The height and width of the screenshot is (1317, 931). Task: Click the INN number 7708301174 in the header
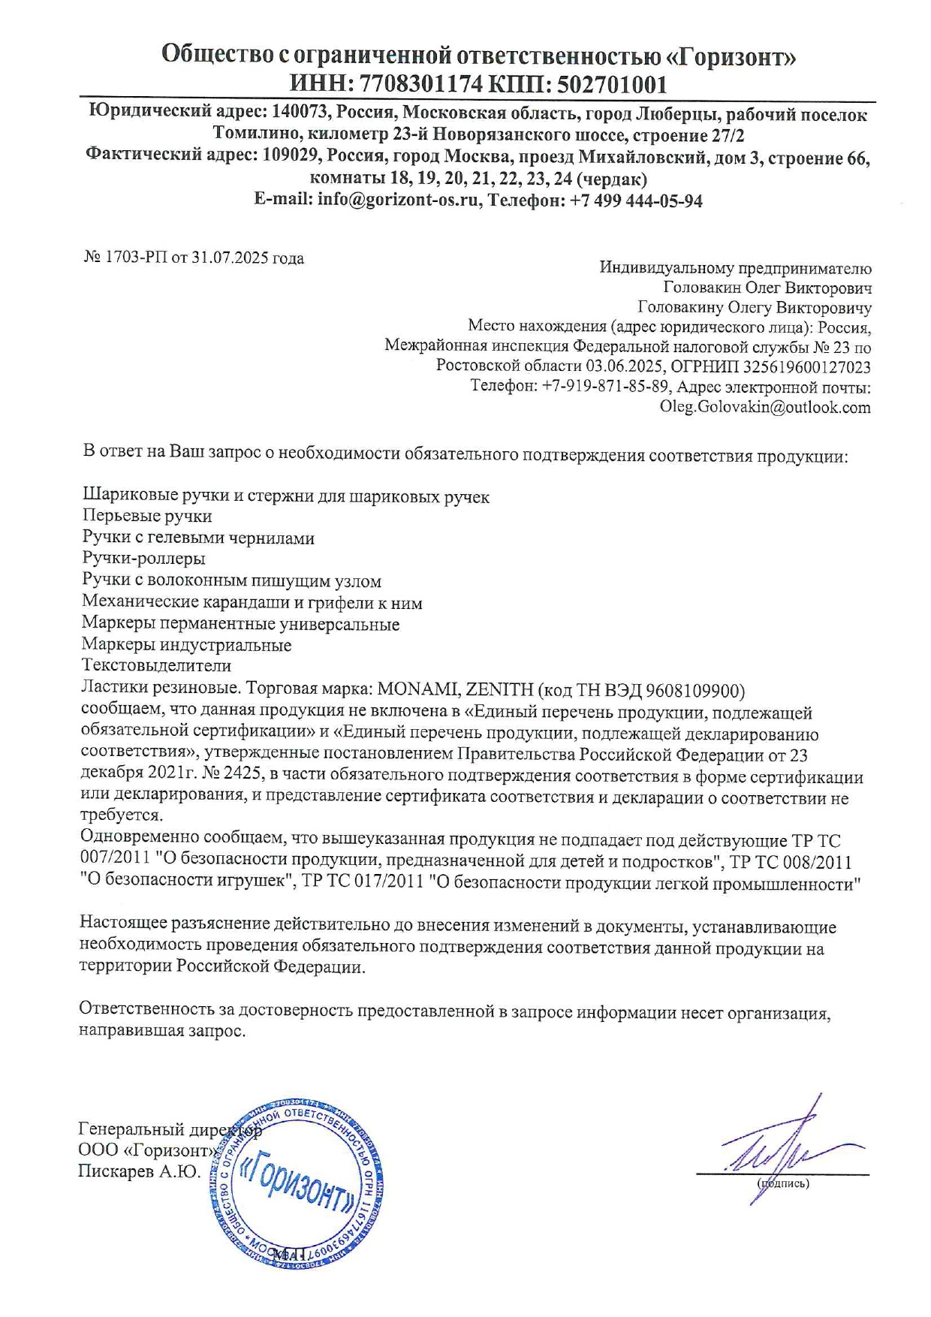421,84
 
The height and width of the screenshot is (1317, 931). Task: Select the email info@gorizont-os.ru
398,200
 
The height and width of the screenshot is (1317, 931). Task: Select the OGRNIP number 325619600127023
807,367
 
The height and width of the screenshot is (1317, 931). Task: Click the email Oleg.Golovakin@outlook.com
765,407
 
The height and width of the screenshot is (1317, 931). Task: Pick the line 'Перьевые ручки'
147,517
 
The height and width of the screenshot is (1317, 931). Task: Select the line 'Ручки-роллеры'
143,559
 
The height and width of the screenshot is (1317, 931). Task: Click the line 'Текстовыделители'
156,666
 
